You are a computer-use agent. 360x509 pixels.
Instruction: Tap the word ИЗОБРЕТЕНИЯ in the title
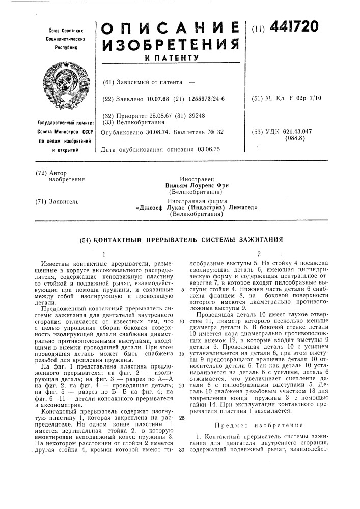pos(171,48)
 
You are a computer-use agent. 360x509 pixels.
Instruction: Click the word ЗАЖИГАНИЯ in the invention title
pos(257,238)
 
